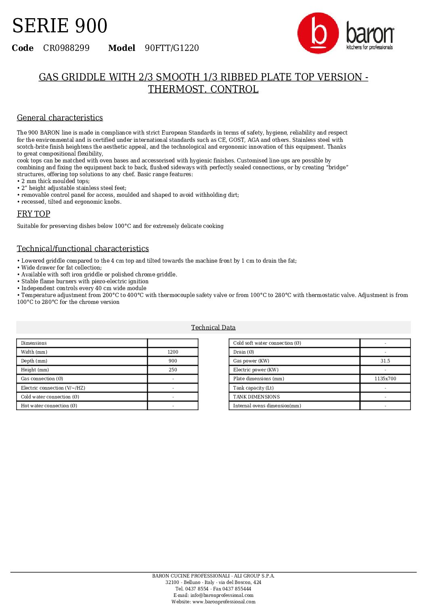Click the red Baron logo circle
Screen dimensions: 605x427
tap(318, 33)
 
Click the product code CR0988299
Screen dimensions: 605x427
tap(66, 48)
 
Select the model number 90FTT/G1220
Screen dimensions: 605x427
tap(172, 48)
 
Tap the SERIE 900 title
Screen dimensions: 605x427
tap(60, 26)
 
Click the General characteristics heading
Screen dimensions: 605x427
tap(60, 118)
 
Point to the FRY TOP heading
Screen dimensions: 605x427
tap(33, 214)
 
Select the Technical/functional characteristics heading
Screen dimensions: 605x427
tap(83, 249)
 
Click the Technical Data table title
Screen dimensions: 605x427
tap(213, 327)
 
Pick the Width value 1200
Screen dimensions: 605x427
tap(173, 352)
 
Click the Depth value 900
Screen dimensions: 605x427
tap(173, 361)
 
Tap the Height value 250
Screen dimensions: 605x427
tap(173, 370)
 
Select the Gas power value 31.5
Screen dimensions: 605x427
tap(385, 361)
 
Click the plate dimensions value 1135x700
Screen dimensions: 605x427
tap(385, 379)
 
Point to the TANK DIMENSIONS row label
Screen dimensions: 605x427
tap(256, 397)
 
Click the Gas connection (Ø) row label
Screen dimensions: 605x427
tap(42, 379)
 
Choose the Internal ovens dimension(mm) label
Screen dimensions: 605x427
tap(267, 406)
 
